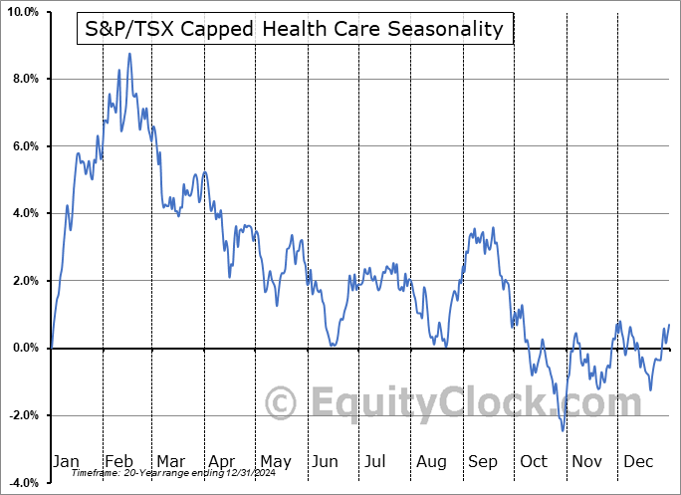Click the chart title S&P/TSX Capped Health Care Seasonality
tap(295, 29)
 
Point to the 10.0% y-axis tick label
tap(21, 12)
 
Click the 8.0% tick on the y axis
tap(24, 79)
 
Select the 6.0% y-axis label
tap(24, 146)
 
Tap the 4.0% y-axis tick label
tap(24, 213)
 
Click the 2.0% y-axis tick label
tap(24, 281)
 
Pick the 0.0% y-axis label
tap(24, 348)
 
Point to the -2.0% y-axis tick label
tap(22, 415)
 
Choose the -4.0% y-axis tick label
tap(22, 482)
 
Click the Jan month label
tap(65, 461)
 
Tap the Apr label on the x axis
tap(222, 461)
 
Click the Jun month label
tap(326, 461)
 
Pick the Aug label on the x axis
tap(431, 461)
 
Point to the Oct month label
tap(535, 461)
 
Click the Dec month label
tap(639, 461)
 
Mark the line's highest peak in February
tap(128, 54)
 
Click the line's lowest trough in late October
tap(564, 430)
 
